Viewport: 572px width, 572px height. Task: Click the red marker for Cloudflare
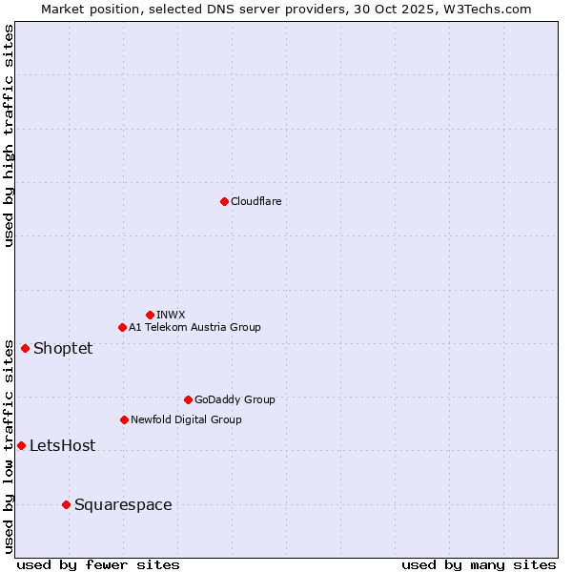pyautogui.click(x=224, y=201)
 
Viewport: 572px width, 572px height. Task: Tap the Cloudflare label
pyautogui.click(x=255, y=201)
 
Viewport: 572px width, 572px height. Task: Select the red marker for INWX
pyautogui.click(x=150, y=315)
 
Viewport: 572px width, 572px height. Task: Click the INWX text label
pyautogui.click(x=171, y=315)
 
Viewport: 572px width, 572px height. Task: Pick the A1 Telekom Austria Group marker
pyautogui.click(x=122, y=327)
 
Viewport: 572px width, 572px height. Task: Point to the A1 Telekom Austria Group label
pyautogui.click(x=194, y=327)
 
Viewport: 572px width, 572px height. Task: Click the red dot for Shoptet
pyautogui.click(x=25, y=348)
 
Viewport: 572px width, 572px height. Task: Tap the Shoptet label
pyautogui.click(x=63, y=348)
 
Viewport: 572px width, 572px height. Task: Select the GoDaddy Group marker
pyautogui.click(x=188, y=399)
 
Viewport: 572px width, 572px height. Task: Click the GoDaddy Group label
pyautogui.click(x=235, y=399)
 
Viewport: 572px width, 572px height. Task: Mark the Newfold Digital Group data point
pyautogui.click(x=124, y=419)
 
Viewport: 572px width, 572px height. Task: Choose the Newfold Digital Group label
pyautogui.click(x=186, y=419)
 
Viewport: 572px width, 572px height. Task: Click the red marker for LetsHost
pyautogui.click(x=21, y=445)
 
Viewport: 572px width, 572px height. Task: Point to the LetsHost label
pyautogui.click(x=62, y=445)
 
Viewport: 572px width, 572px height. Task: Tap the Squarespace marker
pyautogui.click(x=66, y=504)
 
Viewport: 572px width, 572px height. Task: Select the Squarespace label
pyautogui.click(x=123, y=504)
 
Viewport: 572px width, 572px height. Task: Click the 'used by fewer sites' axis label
pyautogui.click(x=98, y=564)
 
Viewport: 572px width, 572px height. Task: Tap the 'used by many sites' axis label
pyautogui.click(x=479, y=564)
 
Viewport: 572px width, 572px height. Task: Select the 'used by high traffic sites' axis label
pyautogui.click(x=9, y=135)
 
